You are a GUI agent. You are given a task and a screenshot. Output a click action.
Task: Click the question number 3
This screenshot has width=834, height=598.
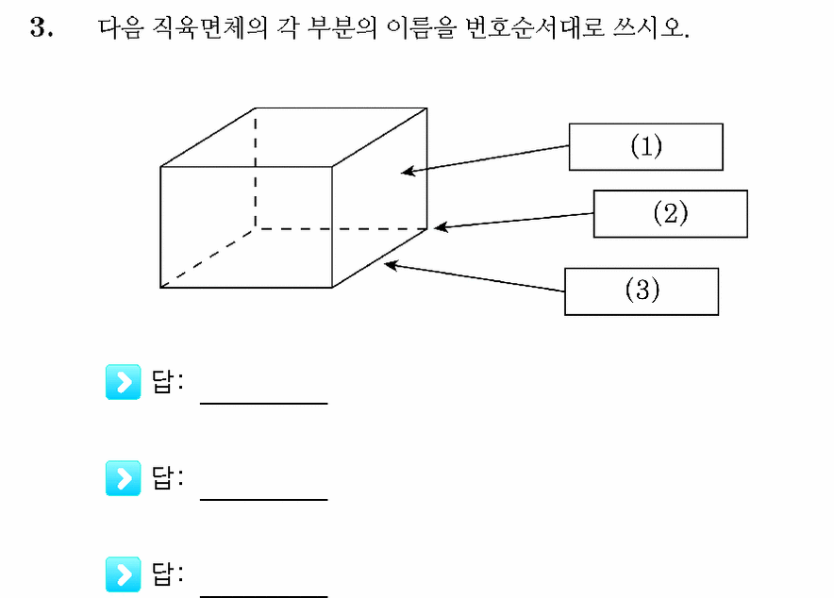[41, 27]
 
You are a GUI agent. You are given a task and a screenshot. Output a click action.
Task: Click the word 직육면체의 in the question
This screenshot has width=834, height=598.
[209, 27]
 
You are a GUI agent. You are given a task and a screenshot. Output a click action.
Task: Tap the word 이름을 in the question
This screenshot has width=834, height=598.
[421, 27]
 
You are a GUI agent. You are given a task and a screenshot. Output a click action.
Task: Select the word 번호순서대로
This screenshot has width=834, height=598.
[535, 27]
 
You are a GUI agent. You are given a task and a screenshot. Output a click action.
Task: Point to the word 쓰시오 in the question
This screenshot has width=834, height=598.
[650, 27]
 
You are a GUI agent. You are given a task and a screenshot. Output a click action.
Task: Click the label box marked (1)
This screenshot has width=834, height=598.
[645, 147]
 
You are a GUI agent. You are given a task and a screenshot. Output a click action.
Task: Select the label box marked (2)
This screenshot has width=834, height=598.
[670, 214]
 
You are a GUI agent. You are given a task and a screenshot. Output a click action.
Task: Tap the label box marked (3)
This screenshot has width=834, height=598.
[642, 291]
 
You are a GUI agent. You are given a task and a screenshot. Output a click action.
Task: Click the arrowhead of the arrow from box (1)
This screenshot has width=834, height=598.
[402, 171]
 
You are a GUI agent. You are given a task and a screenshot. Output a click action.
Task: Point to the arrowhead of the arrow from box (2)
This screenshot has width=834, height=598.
[435, 227]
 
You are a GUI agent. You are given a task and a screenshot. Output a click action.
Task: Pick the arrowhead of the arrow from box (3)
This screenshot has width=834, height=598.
[385, 264]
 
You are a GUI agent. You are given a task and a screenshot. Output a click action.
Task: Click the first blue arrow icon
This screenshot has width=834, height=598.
[123, 382]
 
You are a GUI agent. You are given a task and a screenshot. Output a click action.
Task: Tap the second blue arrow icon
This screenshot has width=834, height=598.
[123, 478]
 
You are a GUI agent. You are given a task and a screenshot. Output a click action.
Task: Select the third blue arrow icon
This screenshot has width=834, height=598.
[123, 574]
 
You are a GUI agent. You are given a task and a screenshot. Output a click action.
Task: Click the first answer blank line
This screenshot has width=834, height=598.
[264, 404]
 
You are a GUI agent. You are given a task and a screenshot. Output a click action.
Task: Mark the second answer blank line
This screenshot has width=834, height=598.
[264, 500]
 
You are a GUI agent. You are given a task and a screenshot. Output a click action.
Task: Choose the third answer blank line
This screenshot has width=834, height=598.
[264, 596]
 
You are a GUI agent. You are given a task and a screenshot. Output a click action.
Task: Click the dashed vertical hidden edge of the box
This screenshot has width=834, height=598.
[256, 169]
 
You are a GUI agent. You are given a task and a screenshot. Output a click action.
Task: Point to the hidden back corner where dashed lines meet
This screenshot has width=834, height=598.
[256, 229]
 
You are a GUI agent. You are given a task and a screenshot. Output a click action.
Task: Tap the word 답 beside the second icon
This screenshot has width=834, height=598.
[163, 478]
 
